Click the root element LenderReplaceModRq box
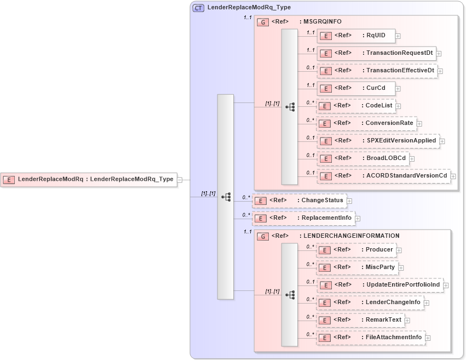click(89, 179)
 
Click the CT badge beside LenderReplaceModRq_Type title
click(198, 8)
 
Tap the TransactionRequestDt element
click(376, 53)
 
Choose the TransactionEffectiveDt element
click(377, 71)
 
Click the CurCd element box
click(355, 88)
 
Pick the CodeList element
click(355, 106)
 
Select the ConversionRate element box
click(366, 123)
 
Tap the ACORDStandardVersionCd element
click(383, 176)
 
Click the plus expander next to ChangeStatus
click(349, 201)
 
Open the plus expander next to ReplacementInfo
click(358, 219)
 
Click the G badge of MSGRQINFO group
click(263, 22)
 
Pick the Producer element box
click(356, 250)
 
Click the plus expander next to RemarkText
click(407, 321)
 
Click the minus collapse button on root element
click(187, 179)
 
